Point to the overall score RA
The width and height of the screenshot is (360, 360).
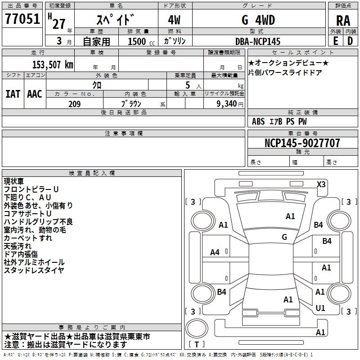tap(343, 21)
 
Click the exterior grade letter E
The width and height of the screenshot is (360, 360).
tap(335, 41)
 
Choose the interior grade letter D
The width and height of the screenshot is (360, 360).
tap(350, 41)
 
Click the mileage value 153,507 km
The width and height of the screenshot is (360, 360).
tap(53, 64)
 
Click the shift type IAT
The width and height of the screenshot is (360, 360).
tap(13, 94)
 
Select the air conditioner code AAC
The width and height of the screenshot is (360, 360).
tap(34, 94)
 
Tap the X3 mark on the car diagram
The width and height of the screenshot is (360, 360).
tap(321, 184)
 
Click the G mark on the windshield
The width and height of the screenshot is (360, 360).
tap(284, 237)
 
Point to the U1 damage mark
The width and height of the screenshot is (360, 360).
tap(320, 308)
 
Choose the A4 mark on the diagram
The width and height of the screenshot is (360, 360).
tap(215, 252)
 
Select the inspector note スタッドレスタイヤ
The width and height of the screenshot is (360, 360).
tap(34, 270)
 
